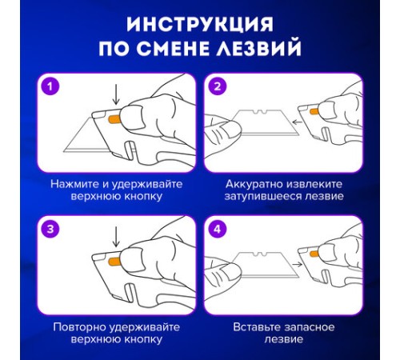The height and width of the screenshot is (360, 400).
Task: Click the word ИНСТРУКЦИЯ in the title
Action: tap(199, 22)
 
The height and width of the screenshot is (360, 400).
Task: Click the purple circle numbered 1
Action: tap(50, 86)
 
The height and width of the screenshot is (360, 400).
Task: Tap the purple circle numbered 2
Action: tap(217, 86)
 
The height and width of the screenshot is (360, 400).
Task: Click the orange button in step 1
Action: tap(113, 119)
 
